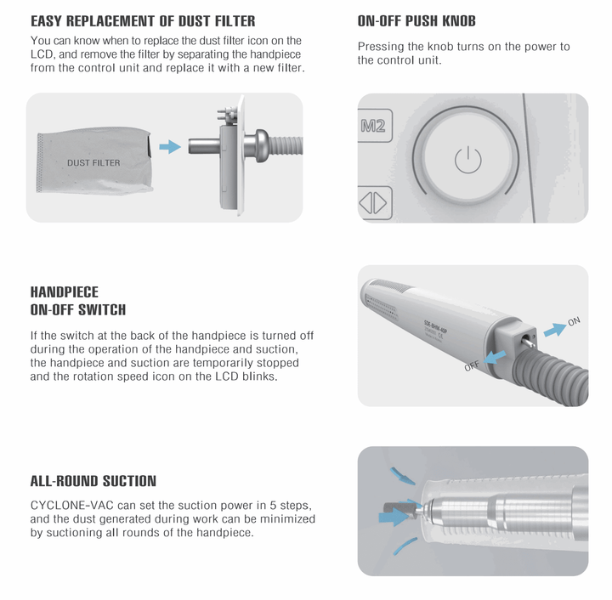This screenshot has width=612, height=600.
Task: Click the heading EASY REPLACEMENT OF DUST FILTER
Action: [143, 21]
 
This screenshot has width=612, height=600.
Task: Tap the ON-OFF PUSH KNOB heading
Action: [416, 21]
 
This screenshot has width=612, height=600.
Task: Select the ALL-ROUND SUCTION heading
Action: [93, 482]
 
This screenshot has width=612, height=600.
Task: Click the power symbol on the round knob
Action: [468, 159]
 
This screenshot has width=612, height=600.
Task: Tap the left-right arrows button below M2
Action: [374, 203]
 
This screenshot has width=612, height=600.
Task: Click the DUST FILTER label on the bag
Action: [93, 162]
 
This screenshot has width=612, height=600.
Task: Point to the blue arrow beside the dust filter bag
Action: [171, 147]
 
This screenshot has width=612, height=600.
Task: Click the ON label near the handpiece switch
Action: [574, 321]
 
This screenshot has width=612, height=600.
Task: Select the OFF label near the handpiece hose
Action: [473, 366]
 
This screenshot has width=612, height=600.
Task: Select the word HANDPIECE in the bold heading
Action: [65, 292]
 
